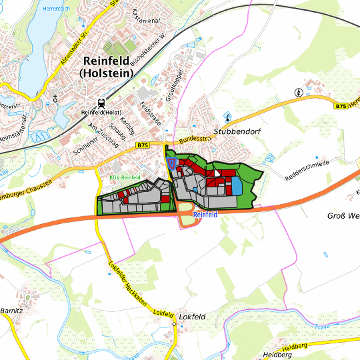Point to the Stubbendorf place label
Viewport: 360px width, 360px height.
coord(235,132)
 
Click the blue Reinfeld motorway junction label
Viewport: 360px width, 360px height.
coord(206,215)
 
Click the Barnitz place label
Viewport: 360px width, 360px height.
coord(11,310)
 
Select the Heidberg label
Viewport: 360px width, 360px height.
coord(279,355)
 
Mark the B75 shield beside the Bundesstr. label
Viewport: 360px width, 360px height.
coord(143,145)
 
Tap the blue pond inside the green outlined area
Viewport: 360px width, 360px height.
coord(237,185)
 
